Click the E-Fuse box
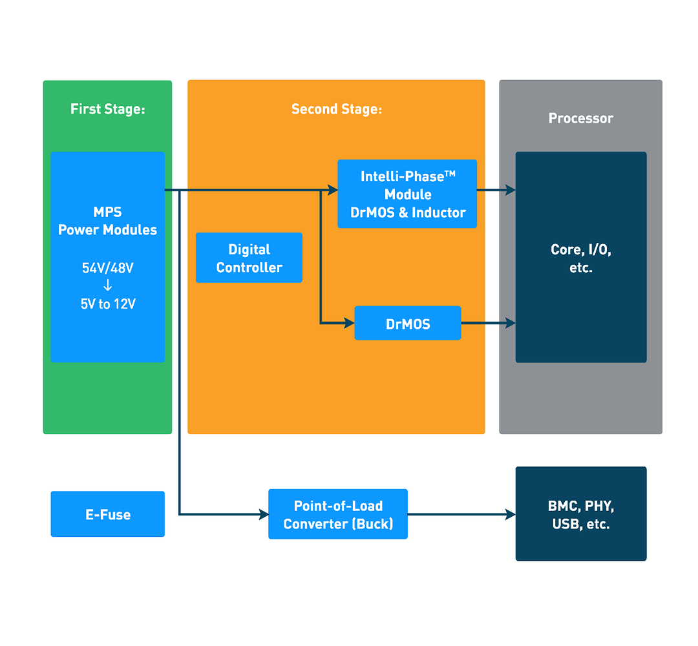pyautogui.click(x=108, y=514)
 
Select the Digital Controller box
pyautogui.click(x=249, y=258)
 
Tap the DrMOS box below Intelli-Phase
pyautogui.click(x=408, y=323)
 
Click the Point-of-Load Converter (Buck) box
pyautogui.click(x=338, y=514)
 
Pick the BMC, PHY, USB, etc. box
pyautogui.click(x=581, y=514)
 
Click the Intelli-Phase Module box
pyautogui.click(x=407, y=194)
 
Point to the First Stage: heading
pyautogui.click(x=108, y=109)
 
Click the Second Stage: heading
pyautogui.click(x=337, y=109)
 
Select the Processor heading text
pyautogui.click(x=581, y=118)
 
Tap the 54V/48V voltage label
pyautogui.click(x=108, y=268)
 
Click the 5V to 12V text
pyautogui.click(x=108, y=304)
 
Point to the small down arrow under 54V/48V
pyautogui.click(x=108, y=285)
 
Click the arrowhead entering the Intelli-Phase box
pyautogui.click(x=333, y=190)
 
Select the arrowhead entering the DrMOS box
pyautogui.click(x=350, y=323)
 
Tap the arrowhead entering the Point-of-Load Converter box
pyautogui.click(x=264, y=514)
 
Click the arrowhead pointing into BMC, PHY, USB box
pyautogui.click(x=511, y=514)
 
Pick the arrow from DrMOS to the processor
pyautogui.click(x=489, y=323)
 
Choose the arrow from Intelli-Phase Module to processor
pyautogui.click(x=496, y=190)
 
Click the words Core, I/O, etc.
pyautogui.click(x=581, y=258)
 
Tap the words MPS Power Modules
pyautogui.click(x=108, y=221)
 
